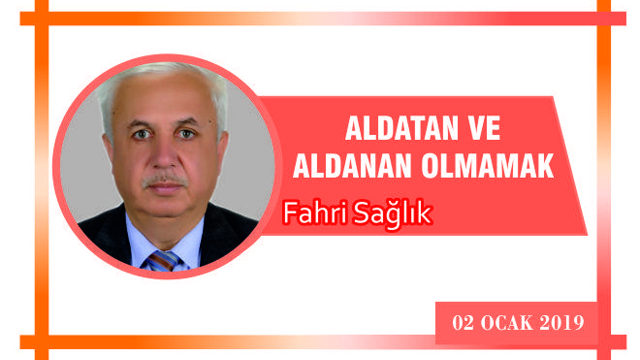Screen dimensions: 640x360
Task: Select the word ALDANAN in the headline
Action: point(352,165)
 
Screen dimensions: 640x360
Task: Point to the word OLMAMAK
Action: point(487,165)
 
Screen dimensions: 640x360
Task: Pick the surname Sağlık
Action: point(392,214)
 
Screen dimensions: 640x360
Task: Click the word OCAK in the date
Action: point(507,322)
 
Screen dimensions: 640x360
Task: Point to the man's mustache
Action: point(164,180)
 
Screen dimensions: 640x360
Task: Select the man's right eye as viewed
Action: point(186,133)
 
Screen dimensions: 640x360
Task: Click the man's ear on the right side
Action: point(222,148)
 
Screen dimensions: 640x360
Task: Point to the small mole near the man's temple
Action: point(210,122)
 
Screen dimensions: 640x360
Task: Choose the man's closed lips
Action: point(165,189)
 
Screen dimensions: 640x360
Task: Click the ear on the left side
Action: point(108,150)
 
